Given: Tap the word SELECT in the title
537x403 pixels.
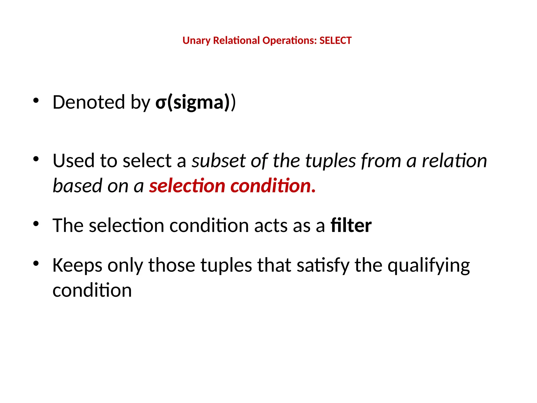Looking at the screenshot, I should click(335, 40).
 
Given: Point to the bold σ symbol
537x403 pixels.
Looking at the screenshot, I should click(161, 103).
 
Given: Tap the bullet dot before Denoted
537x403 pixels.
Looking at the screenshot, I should click(36, 100).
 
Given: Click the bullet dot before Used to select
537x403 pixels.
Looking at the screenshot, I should click(36, 159).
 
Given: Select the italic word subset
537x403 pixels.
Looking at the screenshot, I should click(218, 161).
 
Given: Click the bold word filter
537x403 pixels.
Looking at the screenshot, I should click(351, 225).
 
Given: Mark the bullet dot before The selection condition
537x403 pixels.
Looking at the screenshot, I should click(36, 224).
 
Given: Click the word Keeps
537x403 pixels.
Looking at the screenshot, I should click(77, 265).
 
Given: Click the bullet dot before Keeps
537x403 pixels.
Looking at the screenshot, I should click(36, 263).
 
